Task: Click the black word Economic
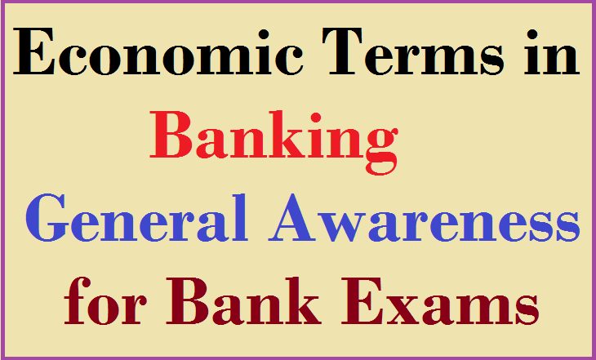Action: (x=158, y=51)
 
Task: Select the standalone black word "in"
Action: (x=552, y=51)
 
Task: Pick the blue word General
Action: (x=136, y=217)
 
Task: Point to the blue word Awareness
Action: (x=424, y=217)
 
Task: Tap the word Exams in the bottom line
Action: (x=440, y=301)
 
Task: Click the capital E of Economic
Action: (x=34, y=51)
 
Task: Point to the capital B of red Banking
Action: (x=171, y=134)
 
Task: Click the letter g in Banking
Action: (x=381, y=149)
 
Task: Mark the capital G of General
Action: (x=47, y=218)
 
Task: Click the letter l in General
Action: (x=240, y=217)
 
